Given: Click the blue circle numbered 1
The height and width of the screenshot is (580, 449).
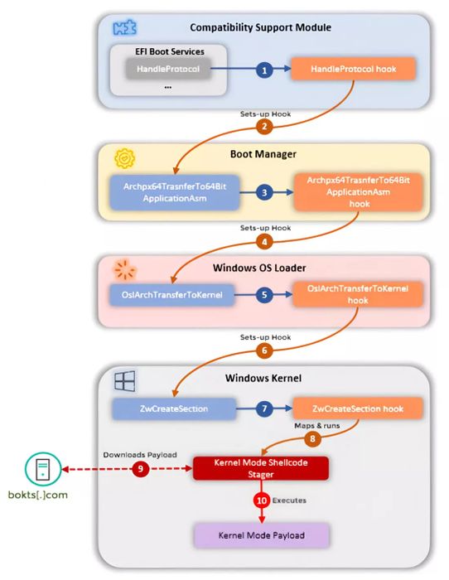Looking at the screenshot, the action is tap(264, 70).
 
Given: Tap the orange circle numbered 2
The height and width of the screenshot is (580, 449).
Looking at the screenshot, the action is tap(264, 127).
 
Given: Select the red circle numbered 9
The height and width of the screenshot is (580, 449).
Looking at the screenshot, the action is tap(140, 469).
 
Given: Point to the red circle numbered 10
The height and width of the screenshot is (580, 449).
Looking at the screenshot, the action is tap(262, 500).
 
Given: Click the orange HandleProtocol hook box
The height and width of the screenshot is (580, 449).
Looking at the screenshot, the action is tap(353, 69).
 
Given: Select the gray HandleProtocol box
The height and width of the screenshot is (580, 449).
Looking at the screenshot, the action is tap(168, 69).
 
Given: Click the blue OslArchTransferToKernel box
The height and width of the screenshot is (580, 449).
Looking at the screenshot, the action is tap(172, 295).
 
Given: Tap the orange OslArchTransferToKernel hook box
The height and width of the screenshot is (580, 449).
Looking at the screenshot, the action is tap(358, 294).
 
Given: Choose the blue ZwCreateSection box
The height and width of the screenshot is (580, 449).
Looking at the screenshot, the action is tap(174, 408).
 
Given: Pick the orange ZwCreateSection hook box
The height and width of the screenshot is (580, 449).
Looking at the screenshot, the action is tap(358, 408).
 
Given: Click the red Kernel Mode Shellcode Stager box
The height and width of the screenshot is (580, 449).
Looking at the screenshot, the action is tap(261, 468).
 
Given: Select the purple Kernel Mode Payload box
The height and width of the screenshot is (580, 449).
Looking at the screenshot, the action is tap(262, 535).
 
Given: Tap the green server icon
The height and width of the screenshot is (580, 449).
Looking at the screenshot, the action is tap(43, 469).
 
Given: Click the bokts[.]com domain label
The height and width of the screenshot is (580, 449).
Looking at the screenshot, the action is tap(38, 495).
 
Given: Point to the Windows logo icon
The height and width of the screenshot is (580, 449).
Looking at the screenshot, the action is tap(124, 381).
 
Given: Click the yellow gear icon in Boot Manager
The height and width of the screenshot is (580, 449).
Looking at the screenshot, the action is tap(124, 158).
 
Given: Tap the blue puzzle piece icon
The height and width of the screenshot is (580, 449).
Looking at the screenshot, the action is tap(124, 27).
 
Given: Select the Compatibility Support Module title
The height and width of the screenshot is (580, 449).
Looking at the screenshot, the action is tap(260, 27).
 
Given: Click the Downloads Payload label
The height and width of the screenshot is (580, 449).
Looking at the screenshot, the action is tap(140, 455).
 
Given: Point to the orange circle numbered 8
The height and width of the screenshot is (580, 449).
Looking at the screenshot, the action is tap(312, 439).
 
